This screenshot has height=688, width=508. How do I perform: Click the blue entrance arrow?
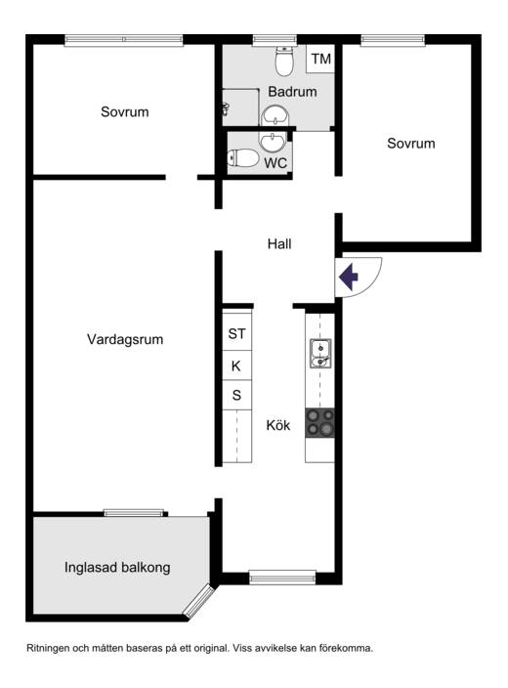(x=349, y=277)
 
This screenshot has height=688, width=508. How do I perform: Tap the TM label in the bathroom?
(x=321, y=59)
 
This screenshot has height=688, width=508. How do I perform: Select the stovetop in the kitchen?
(x=319, y=423)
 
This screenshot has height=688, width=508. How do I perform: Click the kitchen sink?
(x=320, y=354)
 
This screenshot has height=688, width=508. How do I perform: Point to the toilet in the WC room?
(x=243, y=158)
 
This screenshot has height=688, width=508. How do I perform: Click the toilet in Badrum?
(x=284, y=61)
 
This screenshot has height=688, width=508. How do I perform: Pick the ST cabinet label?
(x=236, y=334)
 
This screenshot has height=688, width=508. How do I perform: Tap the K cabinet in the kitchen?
(x=236, y=365)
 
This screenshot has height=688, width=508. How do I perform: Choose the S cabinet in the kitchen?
(x=236, y=395)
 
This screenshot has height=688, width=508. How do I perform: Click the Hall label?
(x=279, y=244)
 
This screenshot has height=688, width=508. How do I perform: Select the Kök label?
(x=278, y=425)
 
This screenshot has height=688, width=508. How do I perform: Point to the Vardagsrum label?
(x=125, y=339)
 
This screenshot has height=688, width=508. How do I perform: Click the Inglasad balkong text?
(x=117, y=568)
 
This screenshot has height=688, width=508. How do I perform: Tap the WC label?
(x=275, y=163)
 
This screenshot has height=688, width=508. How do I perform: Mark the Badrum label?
(x=292, y=92)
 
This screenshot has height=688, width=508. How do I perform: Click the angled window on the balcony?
(x=198, y=601)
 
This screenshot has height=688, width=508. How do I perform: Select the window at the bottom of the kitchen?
(x=282, y=578)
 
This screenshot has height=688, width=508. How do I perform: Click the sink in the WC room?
(x=273, y=142)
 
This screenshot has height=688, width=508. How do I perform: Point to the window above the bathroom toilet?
(x=275, y=40)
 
